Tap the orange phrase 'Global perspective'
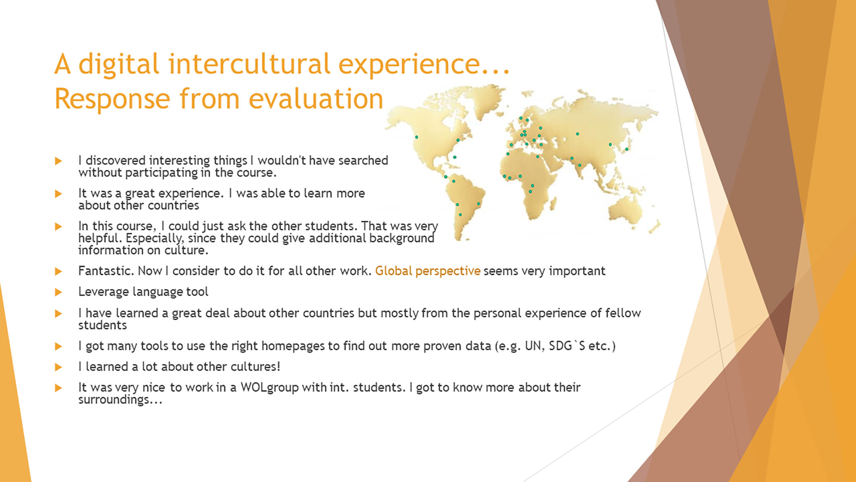428,271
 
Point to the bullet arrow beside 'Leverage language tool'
58,292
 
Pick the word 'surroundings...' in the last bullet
120,400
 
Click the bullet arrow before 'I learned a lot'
58,367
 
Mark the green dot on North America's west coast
417,137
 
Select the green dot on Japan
627,150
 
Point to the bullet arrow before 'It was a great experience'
58,194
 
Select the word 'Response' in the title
112,99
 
